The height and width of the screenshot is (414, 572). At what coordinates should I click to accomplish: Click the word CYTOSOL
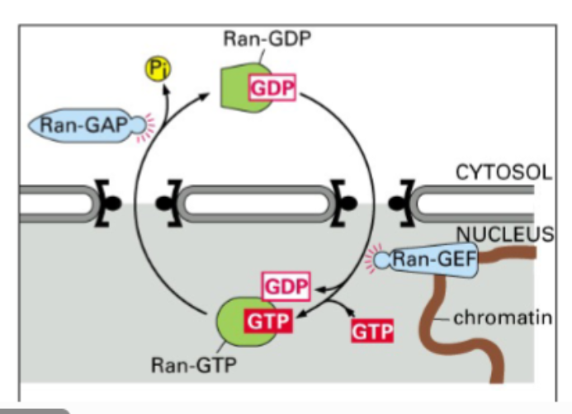pyautogui.click(x=503, y=172)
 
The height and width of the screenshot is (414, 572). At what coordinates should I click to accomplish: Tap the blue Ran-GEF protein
pyautogui.click(x=433, y=261)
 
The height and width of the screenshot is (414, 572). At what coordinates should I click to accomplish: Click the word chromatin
pyautogui.click(x=502, y=318)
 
